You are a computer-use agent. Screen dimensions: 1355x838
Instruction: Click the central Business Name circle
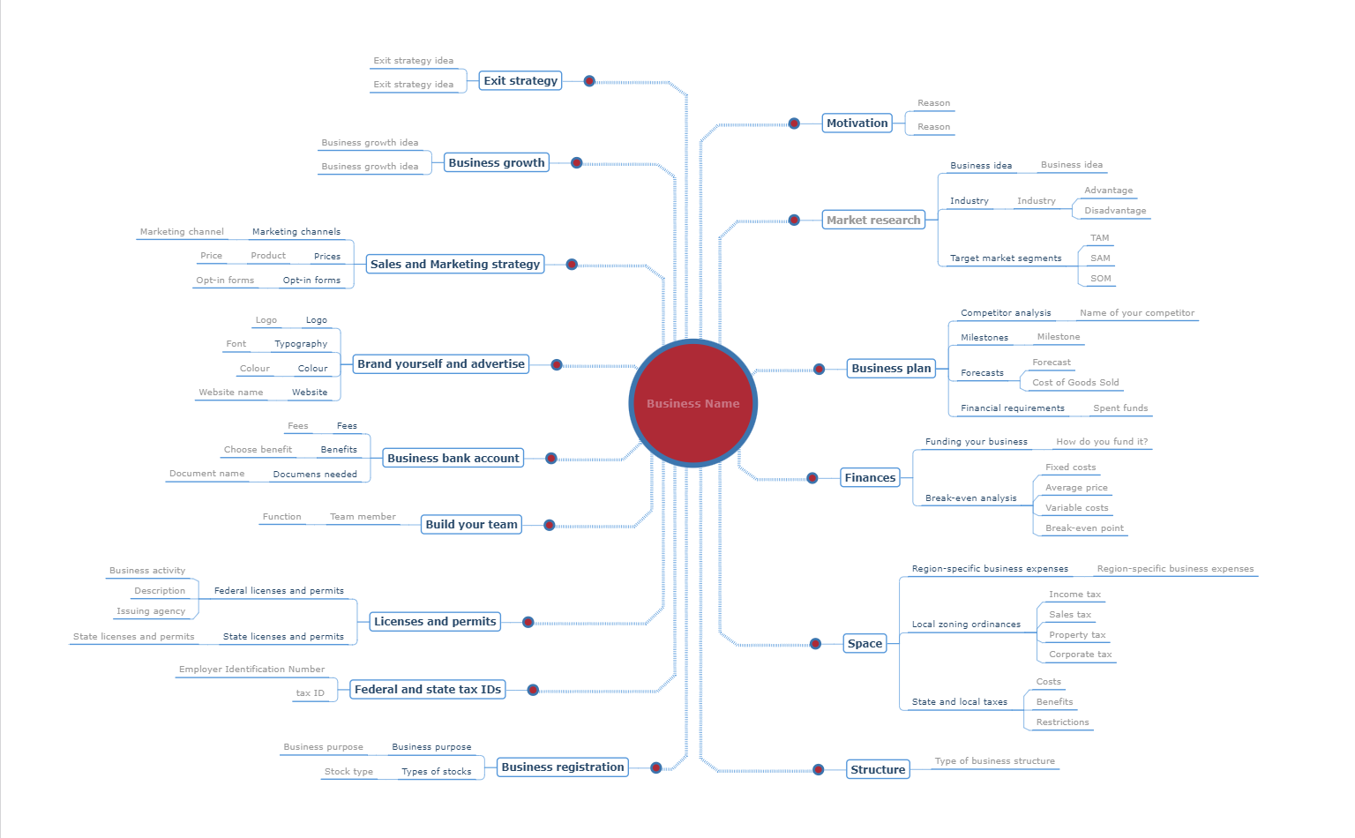[692, 403]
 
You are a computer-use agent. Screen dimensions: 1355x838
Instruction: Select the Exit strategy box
[520, 80]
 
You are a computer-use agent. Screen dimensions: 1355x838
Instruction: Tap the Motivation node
[857, 123]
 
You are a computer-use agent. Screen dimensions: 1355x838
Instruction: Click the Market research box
[872, 220]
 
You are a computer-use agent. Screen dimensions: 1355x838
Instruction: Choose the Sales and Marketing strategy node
[455, 264]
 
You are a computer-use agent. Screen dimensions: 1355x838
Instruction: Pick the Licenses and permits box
[435, 621]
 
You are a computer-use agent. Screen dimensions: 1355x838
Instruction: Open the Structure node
[878, 769]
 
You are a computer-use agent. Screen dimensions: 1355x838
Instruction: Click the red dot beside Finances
[812, 478]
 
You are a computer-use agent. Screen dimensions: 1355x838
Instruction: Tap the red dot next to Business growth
[576, 163]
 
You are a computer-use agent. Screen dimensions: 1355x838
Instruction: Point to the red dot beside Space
[815, 644]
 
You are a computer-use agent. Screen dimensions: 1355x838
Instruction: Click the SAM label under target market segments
[1100, 258]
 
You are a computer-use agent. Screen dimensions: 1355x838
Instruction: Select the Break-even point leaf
[1084, 527]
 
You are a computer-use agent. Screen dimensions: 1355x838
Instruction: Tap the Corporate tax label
[1080, 654]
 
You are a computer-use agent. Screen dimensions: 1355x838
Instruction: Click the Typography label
[301, 344]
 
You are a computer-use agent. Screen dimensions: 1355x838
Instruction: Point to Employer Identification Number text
[251, 669]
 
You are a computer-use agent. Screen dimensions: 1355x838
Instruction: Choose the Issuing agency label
[151, 611]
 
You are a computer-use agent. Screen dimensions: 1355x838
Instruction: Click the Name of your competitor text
[1136, 313]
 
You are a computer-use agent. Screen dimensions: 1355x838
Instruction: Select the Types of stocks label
[436, 772]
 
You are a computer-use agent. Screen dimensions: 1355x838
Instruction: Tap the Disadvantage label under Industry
[1115, 211]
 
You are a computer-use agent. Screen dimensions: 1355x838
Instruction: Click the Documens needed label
[315, 474]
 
